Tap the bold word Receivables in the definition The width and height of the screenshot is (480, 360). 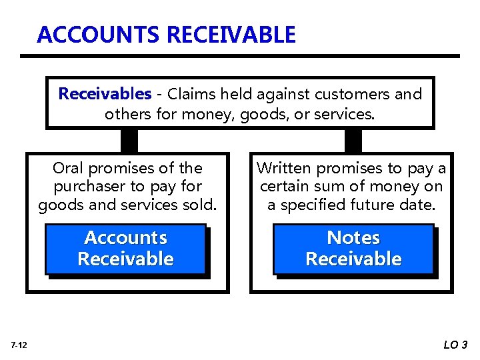105,94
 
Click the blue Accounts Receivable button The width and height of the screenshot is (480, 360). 125,249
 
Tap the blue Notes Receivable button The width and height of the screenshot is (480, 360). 353,249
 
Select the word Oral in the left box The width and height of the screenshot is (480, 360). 69,168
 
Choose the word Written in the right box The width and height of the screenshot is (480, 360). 284,168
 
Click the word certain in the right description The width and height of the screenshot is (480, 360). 285,187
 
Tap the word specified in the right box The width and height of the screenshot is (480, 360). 317,205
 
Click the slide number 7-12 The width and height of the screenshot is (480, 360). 19,345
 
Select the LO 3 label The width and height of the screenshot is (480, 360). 455,345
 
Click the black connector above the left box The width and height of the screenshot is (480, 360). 129,140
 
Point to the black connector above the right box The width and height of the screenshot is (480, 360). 353,140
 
